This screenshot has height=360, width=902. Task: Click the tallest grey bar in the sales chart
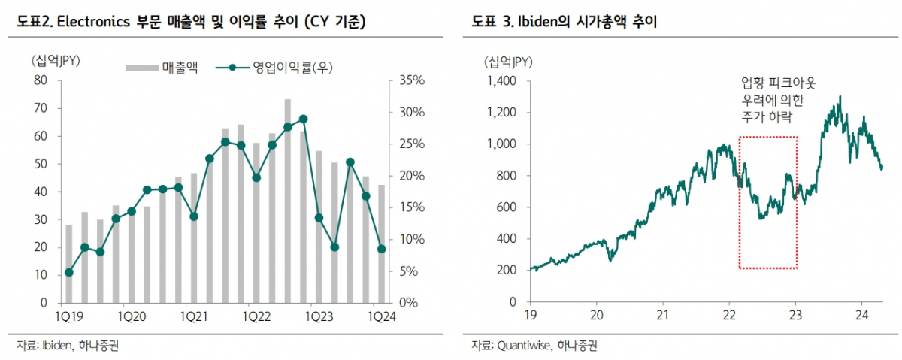pos(287,201)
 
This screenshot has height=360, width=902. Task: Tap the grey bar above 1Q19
pos(69,263)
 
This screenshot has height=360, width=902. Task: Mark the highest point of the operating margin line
pos(303,119)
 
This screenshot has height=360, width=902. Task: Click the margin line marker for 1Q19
pos(69,272)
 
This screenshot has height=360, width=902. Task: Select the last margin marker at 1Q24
pos(381,249)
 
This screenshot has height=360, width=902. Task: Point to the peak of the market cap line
pos(839,97)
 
